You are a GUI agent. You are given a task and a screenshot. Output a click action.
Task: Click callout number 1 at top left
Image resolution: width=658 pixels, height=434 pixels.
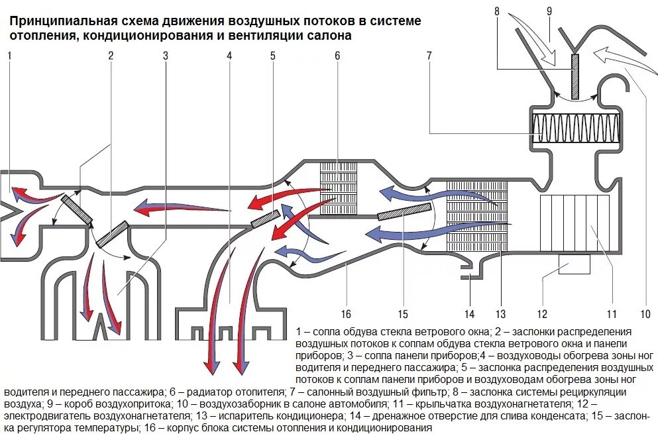[x=9, y=56]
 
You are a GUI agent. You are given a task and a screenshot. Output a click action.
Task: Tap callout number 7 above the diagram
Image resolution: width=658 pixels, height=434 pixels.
[x=429, y=56]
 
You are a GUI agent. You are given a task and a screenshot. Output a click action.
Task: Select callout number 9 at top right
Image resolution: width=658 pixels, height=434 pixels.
[x=549, y=11]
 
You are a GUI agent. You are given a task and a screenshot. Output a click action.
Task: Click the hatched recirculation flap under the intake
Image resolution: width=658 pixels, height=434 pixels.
[x=575, y=76]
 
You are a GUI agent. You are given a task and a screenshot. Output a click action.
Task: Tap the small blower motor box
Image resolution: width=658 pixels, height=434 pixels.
[x=574, y=264]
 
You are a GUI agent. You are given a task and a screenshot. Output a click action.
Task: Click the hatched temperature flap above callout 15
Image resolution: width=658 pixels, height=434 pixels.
[x=404, y=211]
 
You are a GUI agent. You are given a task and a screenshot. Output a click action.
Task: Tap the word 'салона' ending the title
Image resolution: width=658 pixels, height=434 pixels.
[x=330, y=36]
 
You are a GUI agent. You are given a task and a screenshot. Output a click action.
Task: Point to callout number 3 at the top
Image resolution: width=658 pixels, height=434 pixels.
[x=166, y=56]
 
